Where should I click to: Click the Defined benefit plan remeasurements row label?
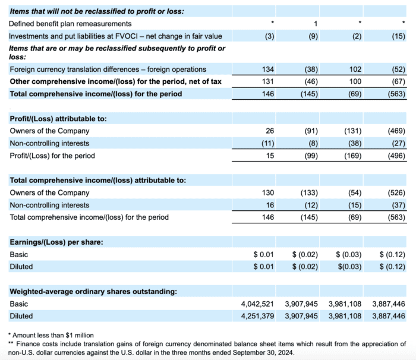click(71, 24)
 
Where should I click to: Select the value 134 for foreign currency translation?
click(267, 70)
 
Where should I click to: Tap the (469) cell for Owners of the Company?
click(396, 131)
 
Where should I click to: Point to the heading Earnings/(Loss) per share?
click(48, 242)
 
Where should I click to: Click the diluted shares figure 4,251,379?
click(257, 316)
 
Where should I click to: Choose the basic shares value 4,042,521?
click(257, 304)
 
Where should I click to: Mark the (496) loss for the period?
click(396, 156)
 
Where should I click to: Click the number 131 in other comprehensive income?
click(267, 81)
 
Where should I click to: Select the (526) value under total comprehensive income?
click(396, 193)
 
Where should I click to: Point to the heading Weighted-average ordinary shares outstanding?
click(93, 292)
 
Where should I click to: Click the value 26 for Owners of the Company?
click(269, 131)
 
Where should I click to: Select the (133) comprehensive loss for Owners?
click(309, 193)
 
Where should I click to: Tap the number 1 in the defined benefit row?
click(316, 24)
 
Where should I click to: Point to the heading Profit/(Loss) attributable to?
click(58, 119)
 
